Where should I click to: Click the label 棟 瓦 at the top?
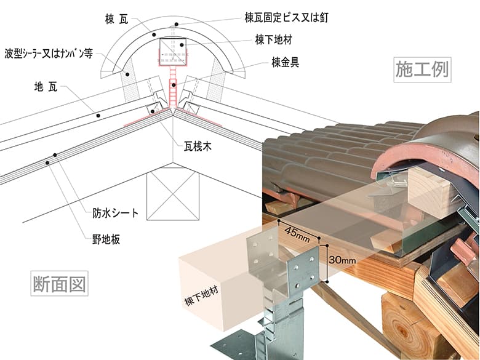(118, 20)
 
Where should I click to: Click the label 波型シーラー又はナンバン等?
(49, 53)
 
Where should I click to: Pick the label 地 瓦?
(46, 86)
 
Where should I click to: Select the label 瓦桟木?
(198, 148)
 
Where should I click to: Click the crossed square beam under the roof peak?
(174, 194)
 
